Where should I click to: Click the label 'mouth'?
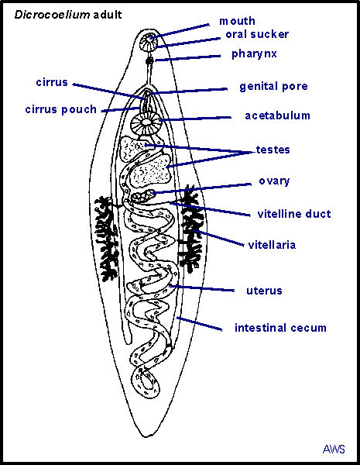[x=237, y=21]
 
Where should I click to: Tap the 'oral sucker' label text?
[x=257, y=34]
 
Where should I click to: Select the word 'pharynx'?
[x=254, y=54]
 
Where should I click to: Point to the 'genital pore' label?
[x=273, y=87]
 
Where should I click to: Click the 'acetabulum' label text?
[x=277, y=115]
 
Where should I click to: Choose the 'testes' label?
[x=273, y=150]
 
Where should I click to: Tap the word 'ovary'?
[x=274, y=181]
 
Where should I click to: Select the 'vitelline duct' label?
[x=294, y=214]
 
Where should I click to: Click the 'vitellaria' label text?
[x=272, y=245]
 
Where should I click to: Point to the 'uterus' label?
[x=264, y=291]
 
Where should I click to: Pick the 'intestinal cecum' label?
[x=280, y=328]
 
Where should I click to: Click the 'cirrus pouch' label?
[x=60, y=110]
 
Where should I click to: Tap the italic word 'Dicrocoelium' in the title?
[x=52, y=15]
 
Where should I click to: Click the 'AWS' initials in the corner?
[x=334, y=449]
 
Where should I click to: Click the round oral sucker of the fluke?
[x=149, y=42]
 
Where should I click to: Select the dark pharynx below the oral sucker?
[x=150, y=60]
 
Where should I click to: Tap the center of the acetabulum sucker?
[x=146, y=122]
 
